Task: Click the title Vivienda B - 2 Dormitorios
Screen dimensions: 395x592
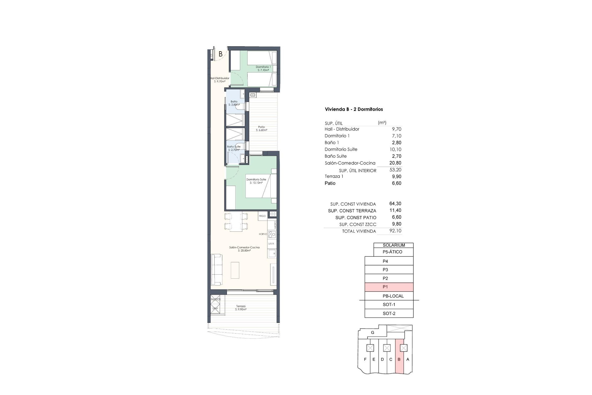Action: (354, 109)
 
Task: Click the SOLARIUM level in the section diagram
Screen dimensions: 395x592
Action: (393, 245)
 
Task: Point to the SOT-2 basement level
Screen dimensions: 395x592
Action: (389, 314)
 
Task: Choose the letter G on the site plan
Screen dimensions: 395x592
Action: (372, 333)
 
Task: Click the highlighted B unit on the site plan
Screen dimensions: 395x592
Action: (399, 360)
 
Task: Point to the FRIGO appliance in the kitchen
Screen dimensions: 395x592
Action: (262, 216)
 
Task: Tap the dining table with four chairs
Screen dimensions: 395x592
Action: (236, 221)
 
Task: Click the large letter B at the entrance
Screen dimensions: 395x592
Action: (220, 54)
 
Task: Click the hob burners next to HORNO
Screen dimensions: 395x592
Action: (272, 234)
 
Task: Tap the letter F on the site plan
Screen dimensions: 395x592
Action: (365, 360)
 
